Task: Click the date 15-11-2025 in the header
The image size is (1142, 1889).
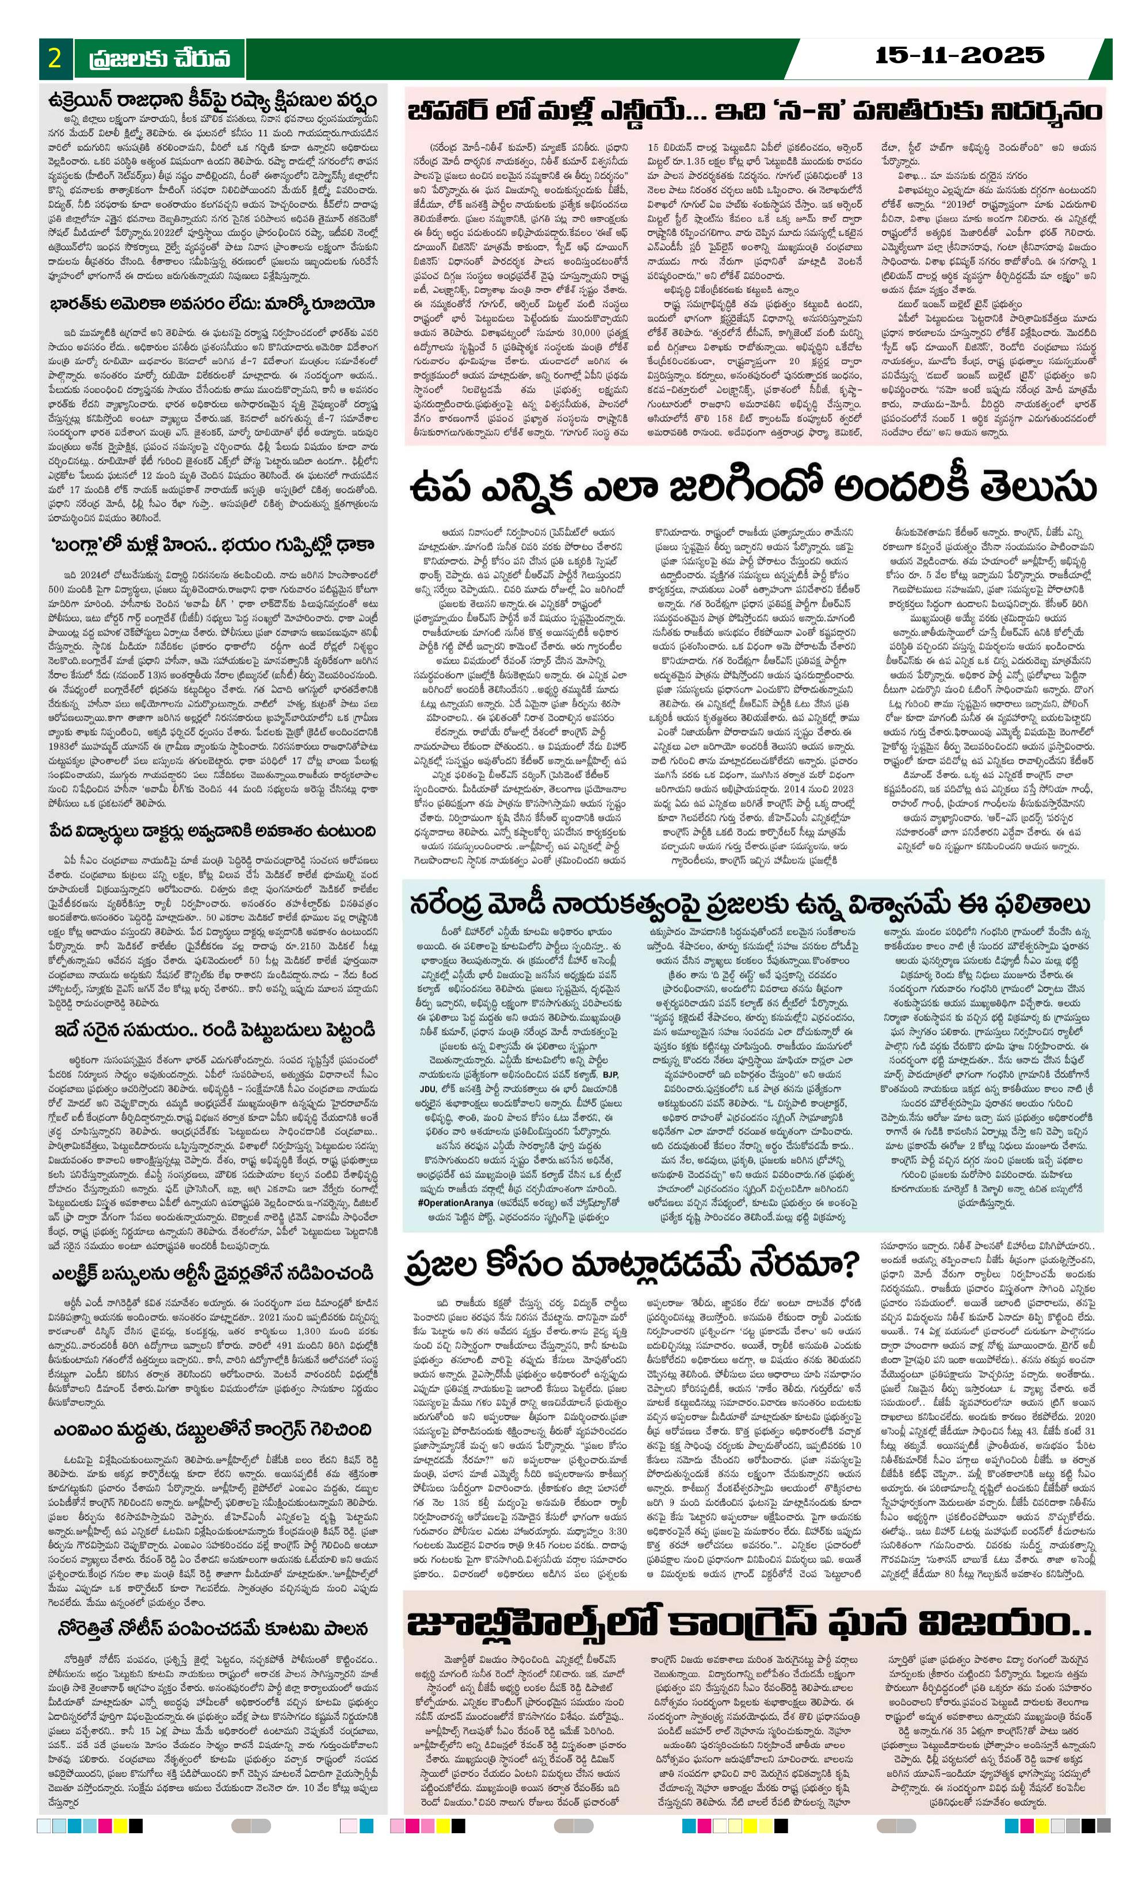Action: [960, 55]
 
